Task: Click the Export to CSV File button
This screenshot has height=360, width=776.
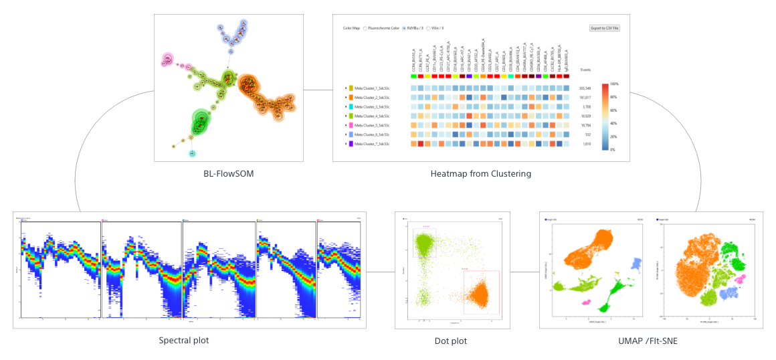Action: click(604, 28)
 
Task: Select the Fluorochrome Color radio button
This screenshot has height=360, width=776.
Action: click(365, 28)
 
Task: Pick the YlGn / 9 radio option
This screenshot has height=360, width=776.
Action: click(429, 28)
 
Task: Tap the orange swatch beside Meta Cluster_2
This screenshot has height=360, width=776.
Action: click(351, 98)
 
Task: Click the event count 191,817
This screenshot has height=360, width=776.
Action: click(585, 98)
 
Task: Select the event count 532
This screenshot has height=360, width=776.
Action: click(587, 134)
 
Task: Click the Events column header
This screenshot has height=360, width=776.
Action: click(585, 70)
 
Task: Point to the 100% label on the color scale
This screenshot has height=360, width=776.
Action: click(614, 84)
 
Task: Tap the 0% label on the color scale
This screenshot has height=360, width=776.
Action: click(613, 149)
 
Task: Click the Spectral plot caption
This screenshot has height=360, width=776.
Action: click(184, 340)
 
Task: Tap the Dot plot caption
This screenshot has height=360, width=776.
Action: click(451, 341)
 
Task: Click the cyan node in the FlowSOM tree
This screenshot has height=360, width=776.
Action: click(192, 154)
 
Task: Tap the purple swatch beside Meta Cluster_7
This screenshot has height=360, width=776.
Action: click(351, 144)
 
